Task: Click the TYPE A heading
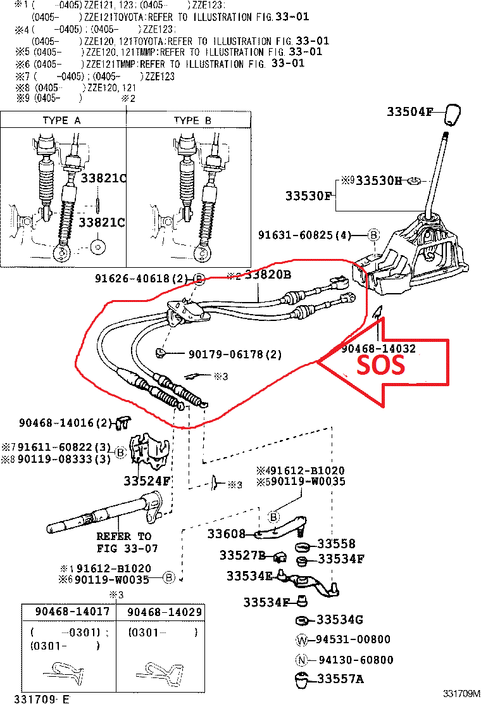(x=61, y=120)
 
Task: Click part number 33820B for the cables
(x=268, y=275)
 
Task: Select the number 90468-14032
(x=378, y=348)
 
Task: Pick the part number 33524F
(x=147, y=481)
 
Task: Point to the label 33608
(x=225, y=534)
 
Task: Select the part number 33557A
(x=341, y=680)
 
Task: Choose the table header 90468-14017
(x=72, y=612)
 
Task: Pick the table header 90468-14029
(x=165, y=612)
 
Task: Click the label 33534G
(x=340, y=619)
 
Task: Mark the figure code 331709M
(x=461, y=695)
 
